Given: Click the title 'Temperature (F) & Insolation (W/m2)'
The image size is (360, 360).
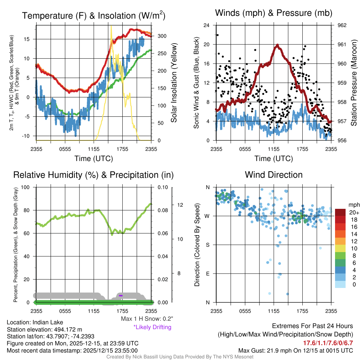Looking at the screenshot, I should (x=94, y=15).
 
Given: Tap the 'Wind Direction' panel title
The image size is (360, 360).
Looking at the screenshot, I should (x=274, y=175).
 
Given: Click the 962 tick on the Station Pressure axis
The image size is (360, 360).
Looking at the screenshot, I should (x=342, y=25).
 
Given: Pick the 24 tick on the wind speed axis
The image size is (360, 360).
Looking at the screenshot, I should (x=207, y=25).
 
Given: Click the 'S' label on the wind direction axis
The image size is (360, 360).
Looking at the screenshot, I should (x=207, y=245).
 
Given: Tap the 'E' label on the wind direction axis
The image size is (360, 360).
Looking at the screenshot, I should (x=207, y=274).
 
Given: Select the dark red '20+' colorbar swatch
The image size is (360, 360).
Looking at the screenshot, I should (x=340, y=212).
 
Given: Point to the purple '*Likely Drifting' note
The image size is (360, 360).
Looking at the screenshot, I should (x=152, y=327).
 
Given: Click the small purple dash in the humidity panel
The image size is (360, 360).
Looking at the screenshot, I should (x=121, y=296).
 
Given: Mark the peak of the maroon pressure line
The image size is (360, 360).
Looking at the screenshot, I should (x=278, y=45).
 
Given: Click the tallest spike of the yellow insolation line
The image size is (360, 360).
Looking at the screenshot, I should (x=111, y=26).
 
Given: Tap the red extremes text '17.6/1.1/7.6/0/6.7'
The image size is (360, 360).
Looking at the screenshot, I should (x=328, y=343).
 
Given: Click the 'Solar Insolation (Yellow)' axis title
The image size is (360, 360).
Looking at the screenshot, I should (x=174, y=83).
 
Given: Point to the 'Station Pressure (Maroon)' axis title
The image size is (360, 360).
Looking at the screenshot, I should (x=354, y=83).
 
